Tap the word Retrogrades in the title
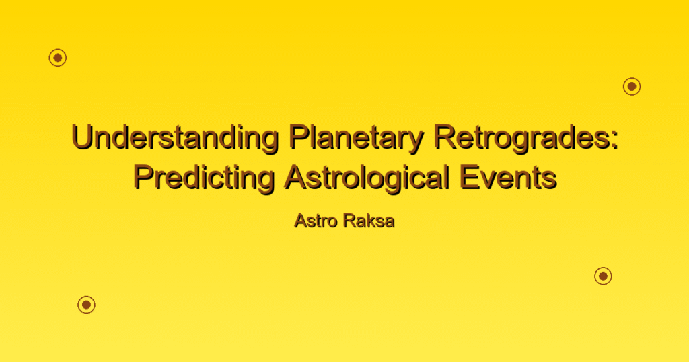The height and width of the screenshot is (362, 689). pyautogui.click(x=521, y=139)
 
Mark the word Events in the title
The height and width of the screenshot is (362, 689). pyautogui.click(x=508, y=178)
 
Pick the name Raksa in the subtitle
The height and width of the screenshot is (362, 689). pyautogui.click(x=369, y=221)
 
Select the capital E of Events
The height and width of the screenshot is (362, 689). pyautogui.click(x=469, y=178)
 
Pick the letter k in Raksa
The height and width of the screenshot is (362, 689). pyautogui.click(x=371, y=221)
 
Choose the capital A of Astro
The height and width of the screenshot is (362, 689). pyautogui.click(x=301, y=221)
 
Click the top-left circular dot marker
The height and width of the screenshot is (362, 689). pyautogui.click(x=58, y=58)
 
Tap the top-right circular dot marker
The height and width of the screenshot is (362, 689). pyautogui.click(x=632, y=87)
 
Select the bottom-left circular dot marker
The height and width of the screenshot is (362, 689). pyautogui.click(x=87, y=304)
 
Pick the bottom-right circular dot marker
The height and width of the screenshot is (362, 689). pyautogui.click(x=604, y=276)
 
